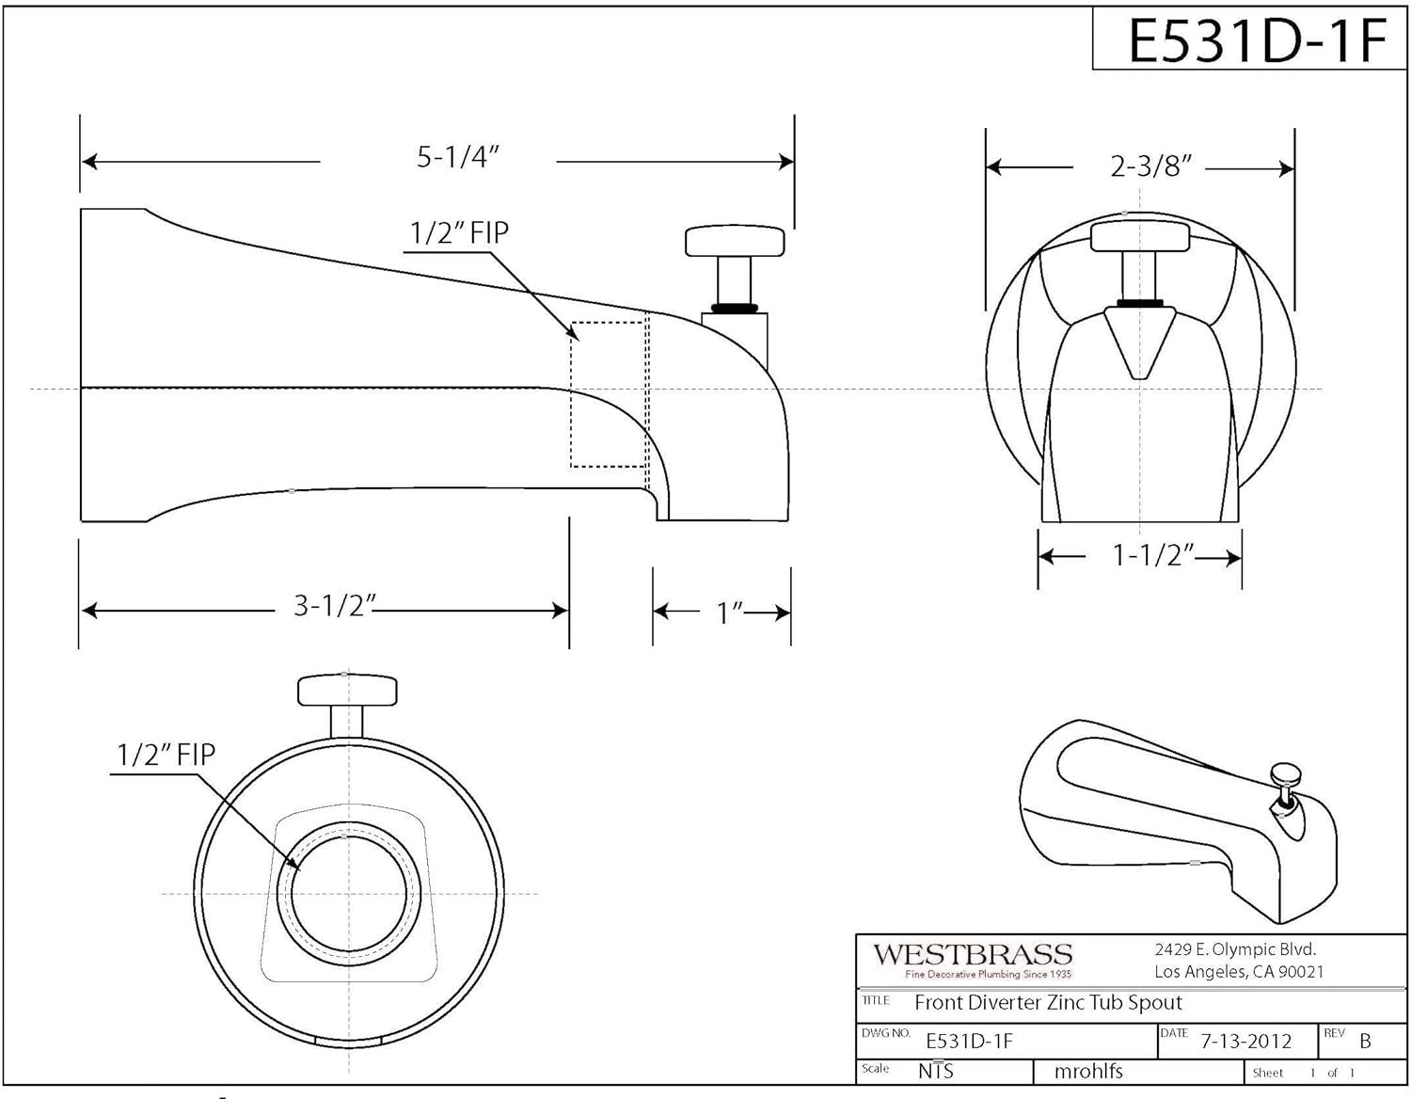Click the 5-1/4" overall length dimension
(x=457, y=157)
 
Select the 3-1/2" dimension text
(x=335, y=605)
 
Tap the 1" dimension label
(x=730, y=613)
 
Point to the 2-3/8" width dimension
(x=1150, y=167)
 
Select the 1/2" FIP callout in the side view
(x=459, y=232)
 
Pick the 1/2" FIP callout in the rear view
(x=166, y=754)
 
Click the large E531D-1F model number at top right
(x=1257, y=40)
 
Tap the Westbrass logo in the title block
(x=973, y=960)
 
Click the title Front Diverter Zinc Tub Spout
(x=1048, y=1003)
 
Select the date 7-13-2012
(x=1246, y=1041)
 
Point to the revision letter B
(x=1365, y=1042)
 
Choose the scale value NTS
(x=935, y=1071)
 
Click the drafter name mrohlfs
(x=1088, y=1071)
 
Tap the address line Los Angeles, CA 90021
(x=1239, y=972)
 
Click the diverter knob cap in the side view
(x=735, y=241)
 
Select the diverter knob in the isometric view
(x=1286, y=776)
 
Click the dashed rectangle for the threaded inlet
(x=608, y=394)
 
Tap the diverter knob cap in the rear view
(x=346, y=690)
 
